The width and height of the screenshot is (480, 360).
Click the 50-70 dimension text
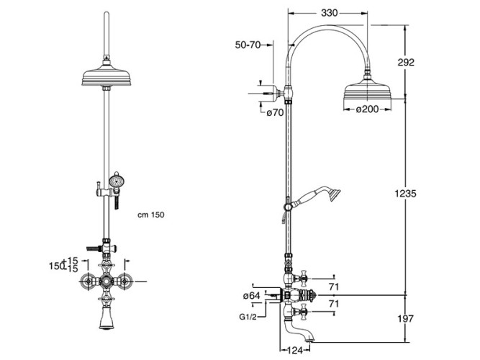point(248,45)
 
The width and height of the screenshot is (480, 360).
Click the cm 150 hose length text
point(152,215)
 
